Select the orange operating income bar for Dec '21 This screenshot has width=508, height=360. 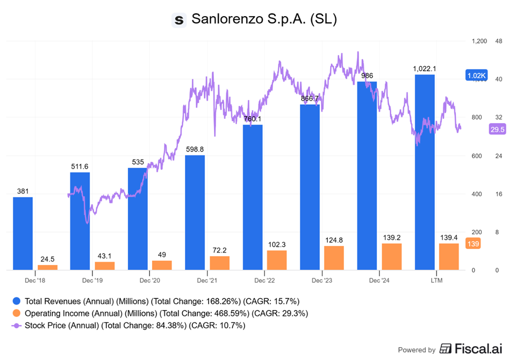219,263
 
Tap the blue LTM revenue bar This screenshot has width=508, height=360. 425,172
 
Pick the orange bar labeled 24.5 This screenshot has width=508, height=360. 47,267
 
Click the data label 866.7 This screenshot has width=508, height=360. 310,99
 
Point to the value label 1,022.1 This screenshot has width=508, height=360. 424,69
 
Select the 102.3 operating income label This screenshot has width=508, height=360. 276,244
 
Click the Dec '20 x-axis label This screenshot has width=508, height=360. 149,280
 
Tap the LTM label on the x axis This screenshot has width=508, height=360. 437,280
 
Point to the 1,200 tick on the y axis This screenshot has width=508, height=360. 478,41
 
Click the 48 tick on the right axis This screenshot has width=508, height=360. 498,41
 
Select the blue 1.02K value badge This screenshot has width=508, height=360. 476,76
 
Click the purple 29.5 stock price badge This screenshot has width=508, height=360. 497,129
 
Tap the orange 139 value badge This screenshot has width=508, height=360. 473,243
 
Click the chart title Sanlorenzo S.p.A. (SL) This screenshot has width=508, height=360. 264,20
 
